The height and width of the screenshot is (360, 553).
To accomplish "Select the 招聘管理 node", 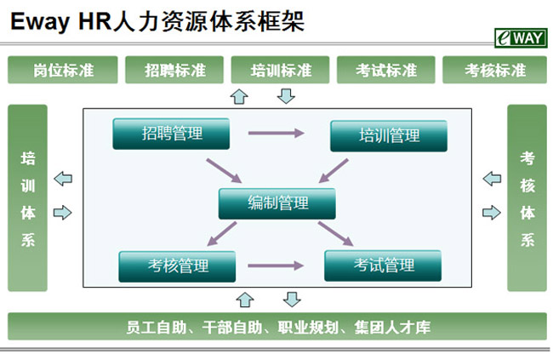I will click(172, 133).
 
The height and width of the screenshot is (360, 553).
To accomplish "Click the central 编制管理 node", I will click(277, 203).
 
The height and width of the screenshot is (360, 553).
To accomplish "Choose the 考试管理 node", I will click(383, 266).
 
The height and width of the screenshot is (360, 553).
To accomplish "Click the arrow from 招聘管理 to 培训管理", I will click(276, 133).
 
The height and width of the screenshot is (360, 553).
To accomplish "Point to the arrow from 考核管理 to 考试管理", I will click(275, 266).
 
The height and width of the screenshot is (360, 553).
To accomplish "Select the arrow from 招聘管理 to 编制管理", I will click(224, 169).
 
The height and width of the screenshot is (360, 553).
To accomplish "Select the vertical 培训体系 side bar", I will click(28, 198).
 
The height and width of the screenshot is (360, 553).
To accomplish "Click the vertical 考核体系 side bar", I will click(527, 198).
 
